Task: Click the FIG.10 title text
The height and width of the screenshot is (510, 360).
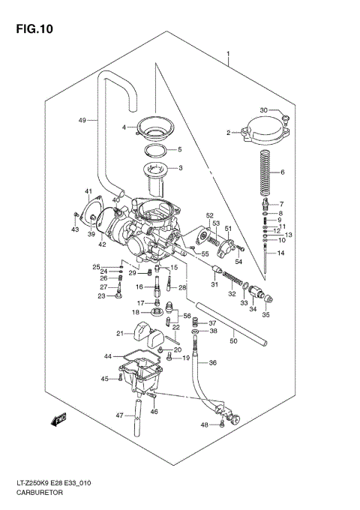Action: (x=32, y=28)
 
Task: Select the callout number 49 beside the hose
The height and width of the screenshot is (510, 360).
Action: (x=82, y=120)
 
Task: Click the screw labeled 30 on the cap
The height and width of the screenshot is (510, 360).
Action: (x=286, y=116)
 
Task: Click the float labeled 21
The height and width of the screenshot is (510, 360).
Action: (x=148, y=334)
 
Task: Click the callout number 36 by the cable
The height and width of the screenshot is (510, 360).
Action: (x=212, y=363)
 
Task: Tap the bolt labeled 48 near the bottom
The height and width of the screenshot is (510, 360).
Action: (x=223, y=425)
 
